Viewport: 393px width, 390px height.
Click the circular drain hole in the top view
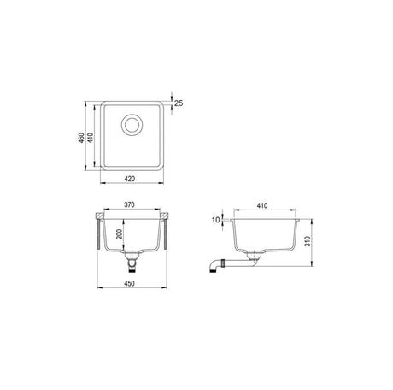[x=132, y=125]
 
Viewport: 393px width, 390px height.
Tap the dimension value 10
[x=215, y=220]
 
